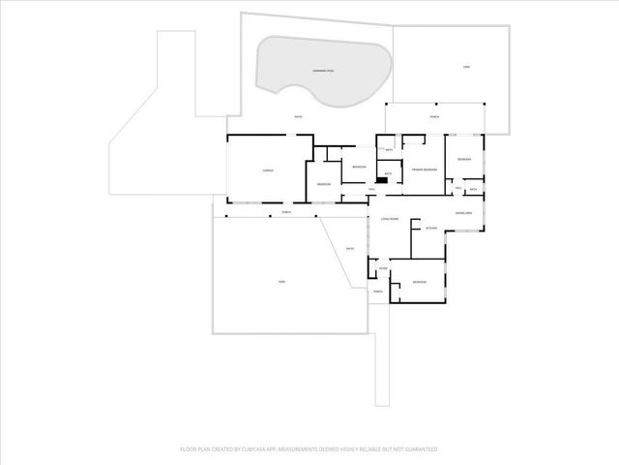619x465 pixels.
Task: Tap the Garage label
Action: [x=268, y=170]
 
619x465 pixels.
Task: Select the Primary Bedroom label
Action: [x=425, y=170]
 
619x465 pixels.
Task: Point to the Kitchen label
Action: [x=431, y=229]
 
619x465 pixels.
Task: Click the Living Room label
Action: [x=390, y=220]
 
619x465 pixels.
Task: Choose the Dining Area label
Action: [x=463, y=213]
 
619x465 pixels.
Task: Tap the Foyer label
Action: [x=383, y=268]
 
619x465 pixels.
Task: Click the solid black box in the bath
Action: [x=384, y=181]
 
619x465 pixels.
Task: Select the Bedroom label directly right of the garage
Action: [x=324, y=184]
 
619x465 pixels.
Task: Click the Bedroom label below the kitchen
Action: [x=419, y=282]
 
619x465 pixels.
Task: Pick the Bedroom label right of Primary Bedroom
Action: [x=463, y=159]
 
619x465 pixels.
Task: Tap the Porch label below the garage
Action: [x=286, y=212]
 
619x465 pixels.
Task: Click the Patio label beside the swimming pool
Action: [x=297, y=116]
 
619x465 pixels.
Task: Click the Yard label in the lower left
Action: [x=281, y=282]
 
